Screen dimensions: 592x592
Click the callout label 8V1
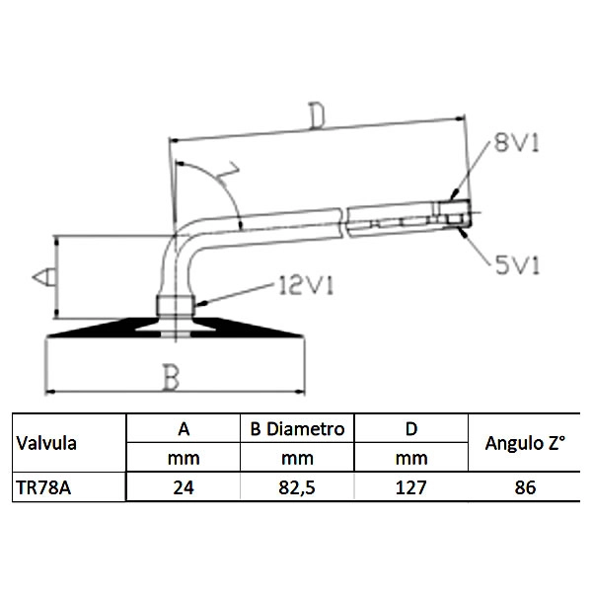tap(516, 143)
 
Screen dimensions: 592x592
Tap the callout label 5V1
tap(517, 264)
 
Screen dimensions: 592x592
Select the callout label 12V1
tap(306, 285)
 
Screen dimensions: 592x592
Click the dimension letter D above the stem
tap(317, 115)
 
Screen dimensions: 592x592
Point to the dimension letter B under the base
tap(171, 377)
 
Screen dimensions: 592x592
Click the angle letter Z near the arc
tap(229, 174)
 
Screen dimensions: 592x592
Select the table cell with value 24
tap(184, 487)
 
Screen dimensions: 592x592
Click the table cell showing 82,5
tap(297, 487)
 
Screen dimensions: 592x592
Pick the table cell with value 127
tap(410, 487)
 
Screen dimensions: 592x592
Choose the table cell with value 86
tap(525, 487)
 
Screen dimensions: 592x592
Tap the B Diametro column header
tap(297, 429)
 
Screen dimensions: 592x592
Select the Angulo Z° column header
tap(525, 443)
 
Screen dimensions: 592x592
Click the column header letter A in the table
tap(184, 429)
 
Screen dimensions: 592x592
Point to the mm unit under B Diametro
tap(297, 459)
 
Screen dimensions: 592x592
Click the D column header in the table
tap(411, 429)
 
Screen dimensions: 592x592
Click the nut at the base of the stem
tap(176, 306)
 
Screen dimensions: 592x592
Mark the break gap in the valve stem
tap(344, 223)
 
